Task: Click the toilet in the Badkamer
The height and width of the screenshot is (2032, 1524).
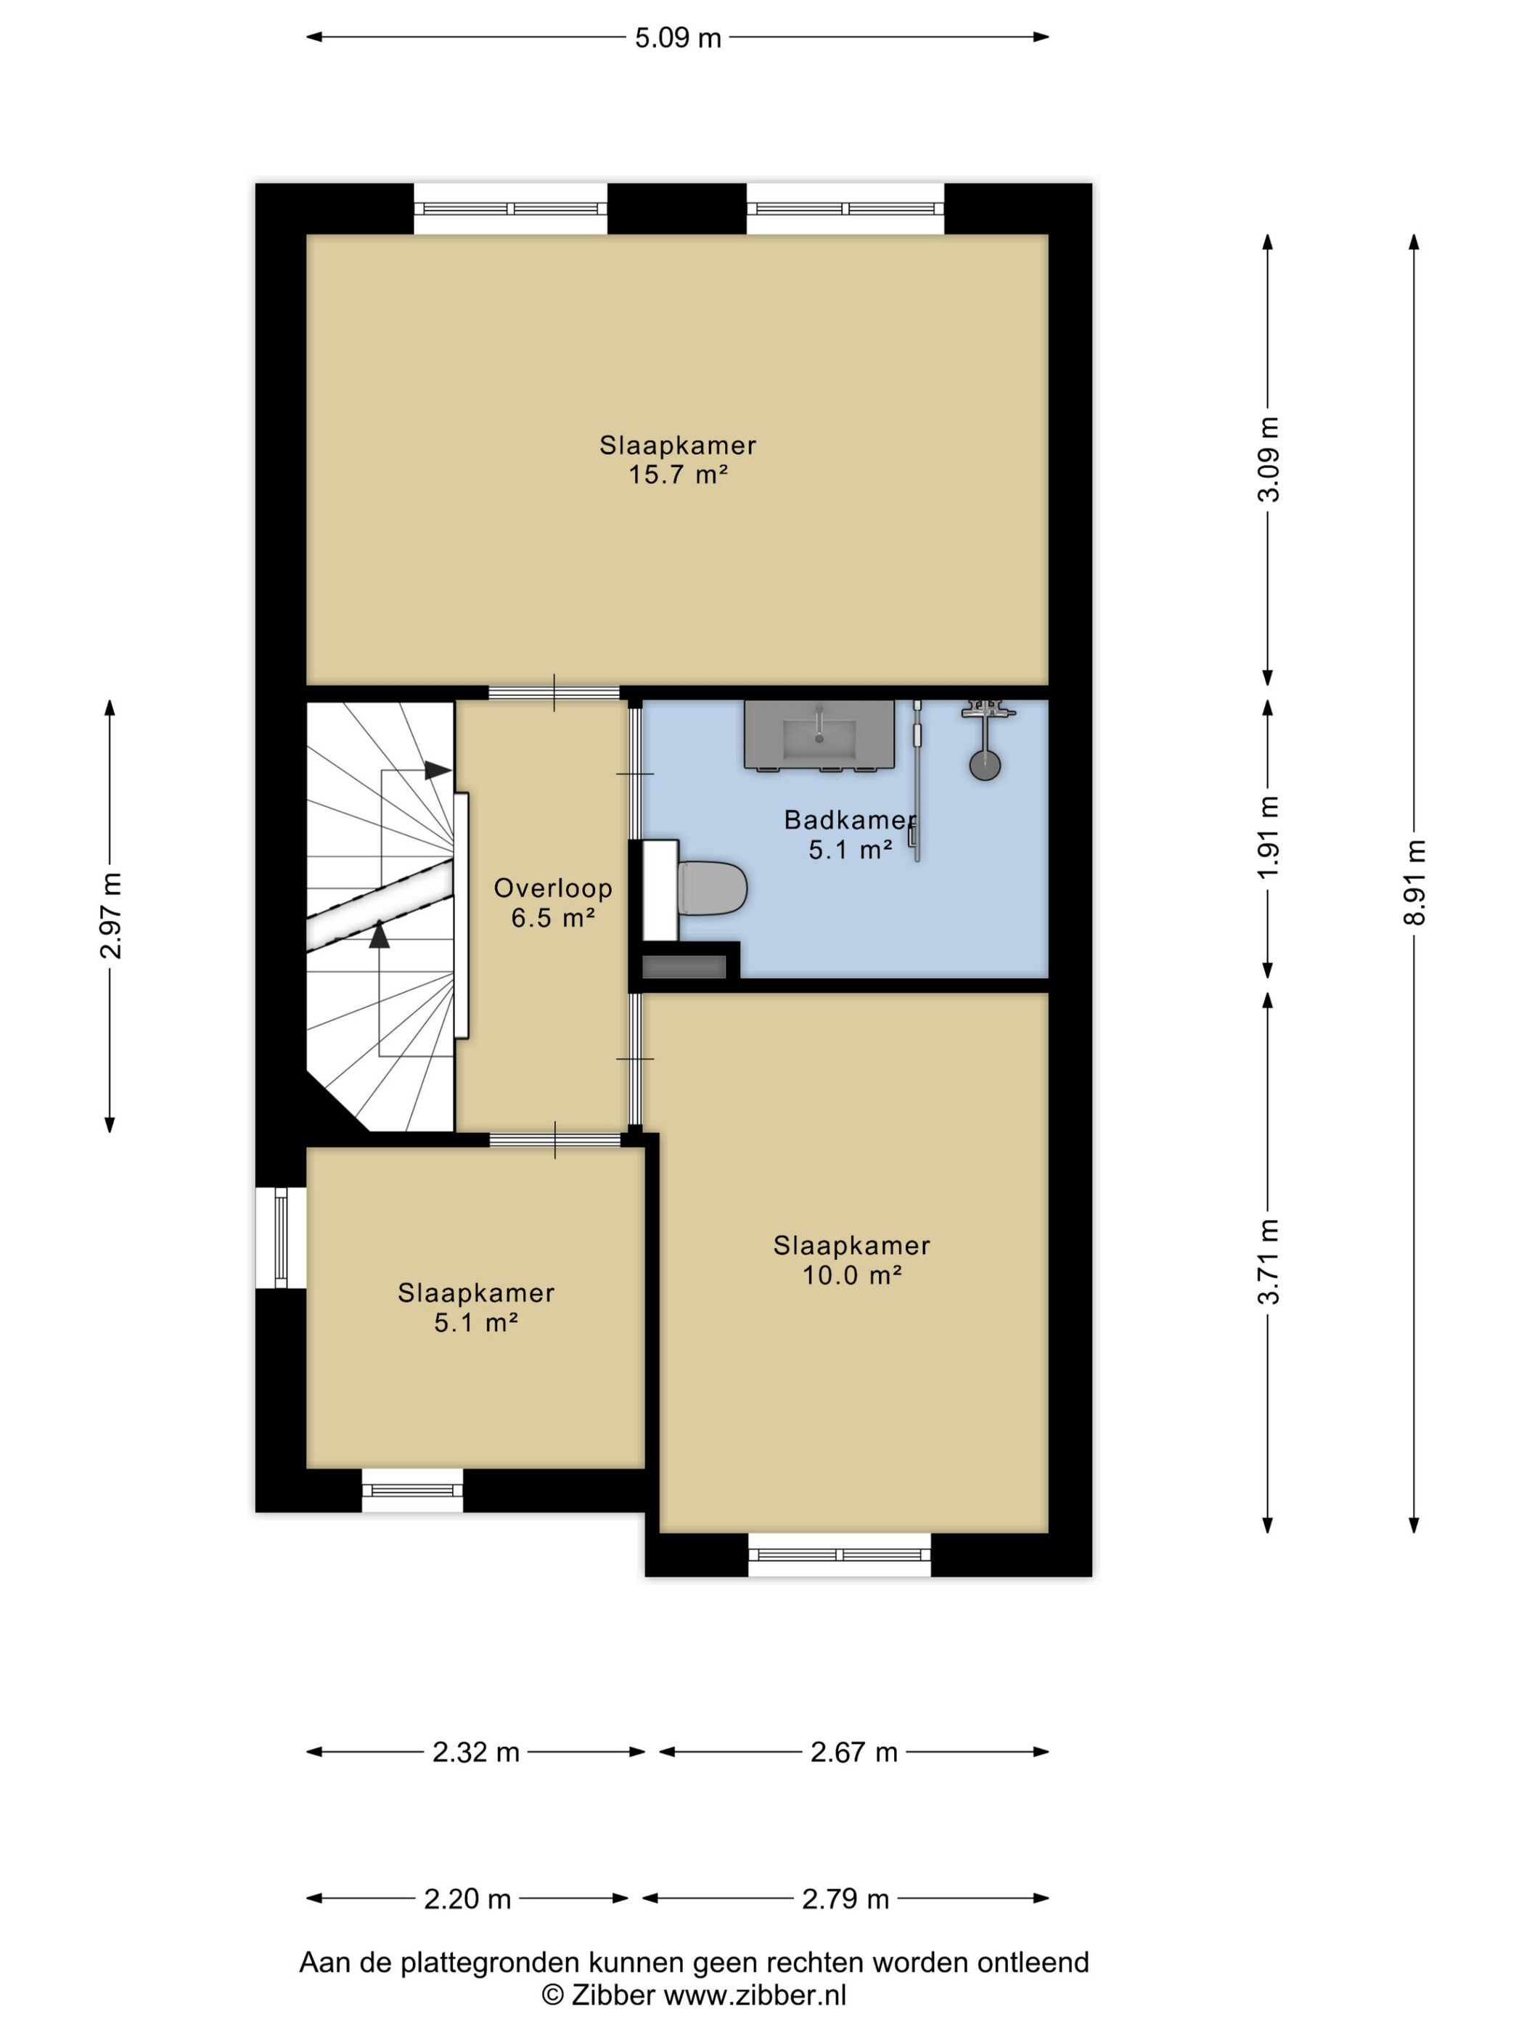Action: pos(712,888)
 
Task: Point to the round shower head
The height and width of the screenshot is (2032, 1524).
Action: pos(985,765)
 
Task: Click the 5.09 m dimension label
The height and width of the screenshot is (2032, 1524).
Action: pos(678,38)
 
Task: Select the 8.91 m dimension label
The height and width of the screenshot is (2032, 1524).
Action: pos(1414,882)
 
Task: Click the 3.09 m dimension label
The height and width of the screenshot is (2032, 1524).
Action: pos(1269,459)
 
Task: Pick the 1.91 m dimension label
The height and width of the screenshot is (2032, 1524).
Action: pos(1269,837)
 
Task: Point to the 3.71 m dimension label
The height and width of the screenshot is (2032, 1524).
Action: pos(1269,1261)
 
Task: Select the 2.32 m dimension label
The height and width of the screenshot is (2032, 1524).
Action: pos(476,1753)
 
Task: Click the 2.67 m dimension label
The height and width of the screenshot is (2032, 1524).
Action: pos(853,1753)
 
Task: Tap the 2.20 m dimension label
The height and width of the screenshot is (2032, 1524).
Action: pos(467,1898)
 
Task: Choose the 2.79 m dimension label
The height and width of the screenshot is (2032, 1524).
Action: pos(845,1898)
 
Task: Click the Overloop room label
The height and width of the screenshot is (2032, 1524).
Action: pos(553,888)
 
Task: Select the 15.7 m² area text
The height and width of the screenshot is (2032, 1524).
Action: pos(678,474)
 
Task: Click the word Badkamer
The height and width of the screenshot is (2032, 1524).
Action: pos(850,820)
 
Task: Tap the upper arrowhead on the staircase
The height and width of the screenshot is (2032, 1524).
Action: pos(438,770)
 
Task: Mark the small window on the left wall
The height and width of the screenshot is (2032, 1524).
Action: pos(281,1237)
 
